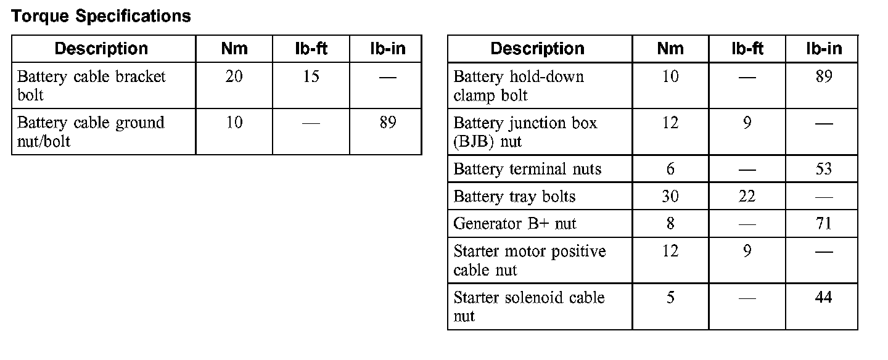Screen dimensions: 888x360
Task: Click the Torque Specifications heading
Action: point(101,16)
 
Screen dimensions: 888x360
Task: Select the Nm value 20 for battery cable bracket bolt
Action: point(234,77)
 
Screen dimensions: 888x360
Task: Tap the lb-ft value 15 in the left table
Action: point(311,77)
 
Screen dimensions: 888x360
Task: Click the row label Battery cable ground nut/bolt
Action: point(91,132)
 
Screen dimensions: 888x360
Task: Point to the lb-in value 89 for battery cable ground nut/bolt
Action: point(387,123)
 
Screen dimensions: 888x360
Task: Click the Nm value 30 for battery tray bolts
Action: point(670,197)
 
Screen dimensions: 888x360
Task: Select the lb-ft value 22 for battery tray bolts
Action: point(747,197)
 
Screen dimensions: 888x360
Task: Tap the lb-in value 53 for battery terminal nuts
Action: point(823,169)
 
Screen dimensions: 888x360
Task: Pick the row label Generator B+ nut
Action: point(514,224)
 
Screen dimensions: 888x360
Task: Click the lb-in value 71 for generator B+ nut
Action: point(823,224)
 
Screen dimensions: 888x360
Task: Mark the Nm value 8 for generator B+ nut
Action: point(670,224)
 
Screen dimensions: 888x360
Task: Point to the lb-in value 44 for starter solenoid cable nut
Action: point(823,298)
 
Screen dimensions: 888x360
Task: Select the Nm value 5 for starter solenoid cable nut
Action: point(670,298)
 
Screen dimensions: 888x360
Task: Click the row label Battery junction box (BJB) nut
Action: point(525,132)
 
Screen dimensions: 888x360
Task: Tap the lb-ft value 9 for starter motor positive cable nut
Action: point(747,252)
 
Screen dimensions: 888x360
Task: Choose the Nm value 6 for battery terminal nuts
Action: point(670,169)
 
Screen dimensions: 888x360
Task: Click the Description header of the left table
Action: point(101,49)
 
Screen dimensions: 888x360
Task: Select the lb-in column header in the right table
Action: point(823,49)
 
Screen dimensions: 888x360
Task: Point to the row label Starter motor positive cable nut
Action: point(529,261)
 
